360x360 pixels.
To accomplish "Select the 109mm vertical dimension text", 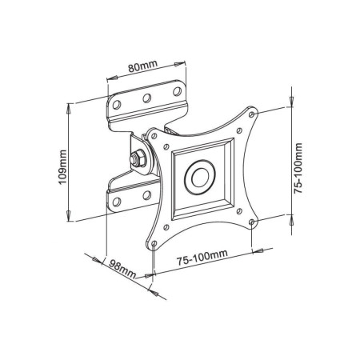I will coord(62,169).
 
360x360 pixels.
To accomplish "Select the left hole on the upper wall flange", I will coord(119,105).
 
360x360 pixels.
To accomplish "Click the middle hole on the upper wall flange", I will coord(146,100).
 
